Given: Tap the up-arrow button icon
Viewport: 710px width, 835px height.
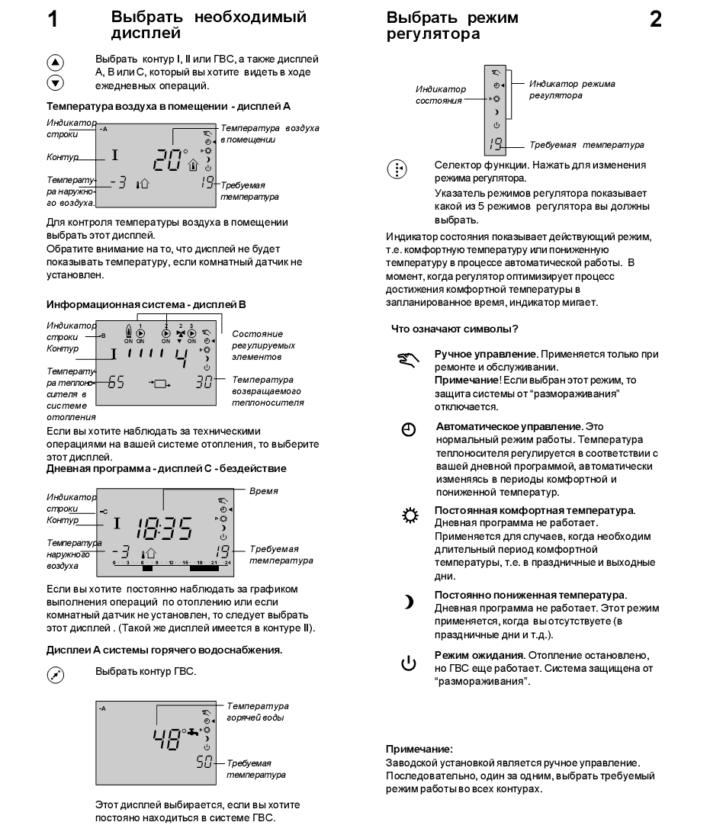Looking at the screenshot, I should (56, 64).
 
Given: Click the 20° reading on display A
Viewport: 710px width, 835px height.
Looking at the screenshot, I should (170, 159).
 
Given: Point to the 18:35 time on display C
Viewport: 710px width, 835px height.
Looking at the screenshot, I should (164, 527).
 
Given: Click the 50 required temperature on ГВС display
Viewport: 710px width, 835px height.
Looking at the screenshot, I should (204, 763).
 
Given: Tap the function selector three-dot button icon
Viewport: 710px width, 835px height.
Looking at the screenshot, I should (397, 169).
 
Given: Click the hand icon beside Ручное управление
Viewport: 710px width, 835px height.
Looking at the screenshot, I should (407, 359).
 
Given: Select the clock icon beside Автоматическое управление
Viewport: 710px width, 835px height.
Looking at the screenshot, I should (409, 431).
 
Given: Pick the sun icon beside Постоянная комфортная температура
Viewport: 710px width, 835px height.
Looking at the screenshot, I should (409, 515).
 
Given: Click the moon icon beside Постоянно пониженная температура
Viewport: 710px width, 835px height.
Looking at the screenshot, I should (409, 602).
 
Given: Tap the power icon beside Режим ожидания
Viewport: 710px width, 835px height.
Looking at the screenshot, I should (409, 663).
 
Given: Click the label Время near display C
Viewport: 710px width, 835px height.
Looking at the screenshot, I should (265, 492).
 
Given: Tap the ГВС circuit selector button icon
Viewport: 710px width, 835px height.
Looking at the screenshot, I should (56, 674).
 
